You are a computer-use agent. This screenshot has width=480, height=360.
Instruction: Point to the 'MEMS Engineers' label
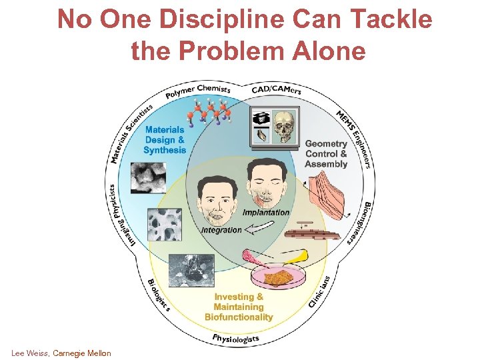click(354, 137)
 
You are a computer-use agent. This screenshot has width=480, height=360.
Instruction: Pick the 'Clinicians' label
click(319, 291)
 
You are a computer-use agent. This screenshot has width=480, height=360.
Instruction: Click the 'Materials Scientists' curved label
click(131, 133)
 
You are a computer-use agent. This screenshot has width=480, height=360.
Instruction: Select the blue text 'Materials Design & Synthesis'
click(165, 140)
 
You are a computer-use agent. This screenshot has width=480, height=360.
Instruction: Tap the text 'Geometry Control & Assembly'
click(326, 154)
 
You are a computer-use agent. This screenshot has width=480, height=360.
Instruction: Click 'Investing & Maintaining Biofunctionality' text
click(238, 307)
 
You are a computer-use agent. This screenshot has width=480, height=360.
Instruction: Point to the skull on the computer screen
click(283, 126)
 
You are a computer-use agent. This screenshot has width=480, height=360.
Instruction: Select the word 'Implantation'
click(266, 212)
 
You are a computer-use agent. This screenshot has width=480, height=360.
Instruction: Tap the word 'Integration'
click(221, 229)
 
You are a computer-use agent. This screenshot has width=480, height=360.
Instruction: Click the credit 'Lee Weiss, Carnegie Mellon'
click(61, 353)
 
